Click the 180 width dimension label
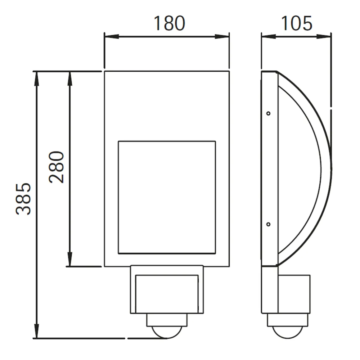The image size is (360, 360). (169, 23)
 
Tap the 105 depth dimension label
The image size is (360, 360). (297, 23)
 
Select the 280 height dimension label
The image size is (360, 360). (56, 167)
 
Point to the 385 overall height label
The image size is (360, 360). (23, 199)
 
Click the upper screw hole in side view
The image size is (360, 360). (268, 113)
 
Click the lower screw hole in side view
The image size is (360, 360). (268, 224)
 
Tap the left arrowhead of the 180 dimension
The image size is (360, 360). (112, 37)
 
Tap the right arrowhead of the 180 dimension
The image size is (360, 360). (222, 37)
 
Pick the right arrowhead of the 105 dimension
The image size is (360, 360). (324, 37)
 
